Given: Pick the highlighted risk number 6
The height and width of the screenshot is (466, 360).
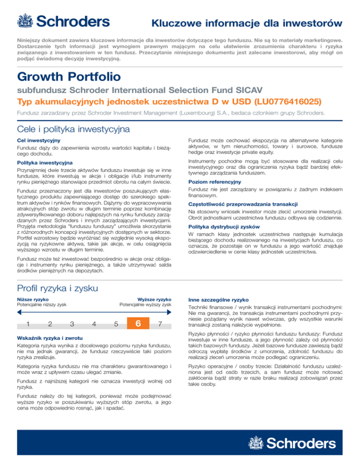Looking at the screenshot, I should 138,324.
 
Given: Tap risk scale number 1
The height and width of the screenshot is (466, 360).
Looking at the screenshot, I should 29,324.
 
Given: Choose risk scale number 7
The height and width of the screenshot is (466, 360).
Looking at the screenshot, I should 160,324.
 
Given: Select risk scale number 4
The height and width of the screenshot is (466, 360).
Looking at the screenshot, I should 94,324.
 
